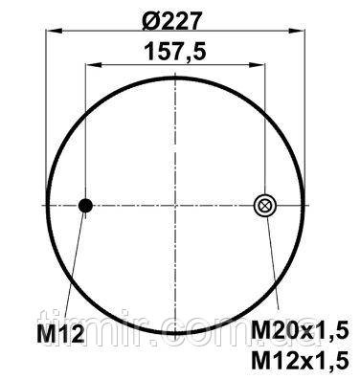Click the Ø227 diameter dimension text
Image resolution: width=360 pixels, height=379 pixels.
point(172,21)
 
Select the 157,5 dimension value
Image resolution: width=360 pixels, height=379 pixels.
point(175,52)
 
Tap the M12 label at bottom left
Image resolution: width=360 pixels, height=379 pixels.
point(60,334)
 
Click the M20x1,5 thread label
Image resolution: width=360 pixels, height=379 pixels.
point(300,329)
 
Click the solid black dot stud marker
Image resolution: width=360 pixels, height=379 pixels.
point(85,206)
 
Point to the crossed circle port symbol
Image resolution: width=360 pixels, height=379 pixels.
point(264,205)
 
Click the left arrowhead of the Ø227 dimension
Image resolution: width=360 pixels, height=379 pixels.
point(54,31)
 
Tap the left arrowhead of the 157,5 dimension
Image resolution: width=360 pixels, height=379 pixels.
point(93,65)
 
